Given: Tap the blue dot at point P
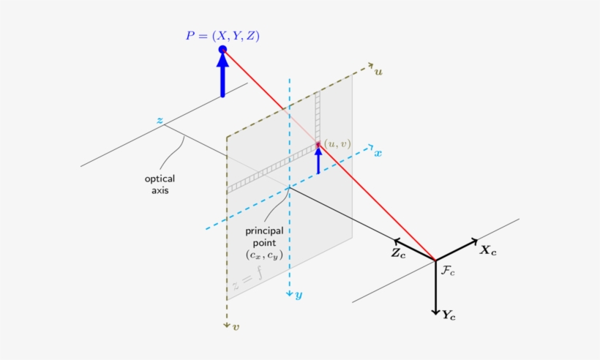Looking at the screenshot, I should point(223,50).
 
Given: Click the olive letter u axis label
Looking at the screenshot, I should point(378,71).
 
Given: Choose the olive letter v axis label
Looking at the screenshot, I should point(236,327).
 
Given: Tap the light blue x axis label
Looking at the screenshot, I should point(378,153).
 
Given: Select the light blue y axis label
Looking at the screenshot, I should point(299,295).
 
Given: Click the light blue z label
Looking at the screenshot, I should point(160,119).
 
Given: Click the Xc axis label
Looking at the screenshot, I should point(488,250).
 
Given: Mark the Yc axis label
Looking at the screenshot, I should point(449,315).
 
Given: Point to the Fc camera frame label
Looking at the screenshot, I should point(448,270).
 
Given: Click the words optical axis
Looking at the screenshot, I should point(160,184).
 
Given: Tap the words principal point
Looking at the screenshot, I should point(264,236).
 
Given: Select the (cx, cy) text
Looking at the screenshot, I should point(264,255).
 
